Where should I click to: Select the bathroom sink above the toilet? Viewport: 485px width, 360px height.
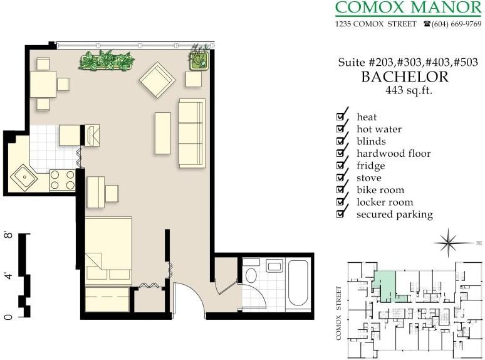(274, 267)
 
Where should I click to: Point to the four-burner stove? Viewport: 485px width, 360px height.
(62, 181)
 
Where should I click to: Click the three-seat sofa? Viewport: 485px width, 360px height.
(192, 133)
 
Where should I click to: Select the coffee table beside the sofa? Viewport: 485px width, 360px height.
(163, 133)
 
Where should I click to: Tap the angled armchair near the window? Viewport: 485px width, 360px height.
(157, 80)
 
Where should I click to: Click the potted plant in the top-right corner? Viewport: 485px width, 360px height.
(199, 58)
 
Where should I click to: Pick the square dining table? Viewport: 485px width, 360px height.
(43, 83)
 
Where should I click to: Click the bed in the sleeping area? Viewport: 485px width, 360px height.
(108, 250)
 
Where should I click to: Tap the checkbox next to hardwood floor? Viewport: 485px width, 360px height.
(342, 153)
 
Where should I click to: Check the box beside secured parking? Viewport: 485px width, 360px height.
(342, 214)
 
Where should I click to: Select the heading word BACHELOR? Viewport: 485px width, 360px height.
(405, 77)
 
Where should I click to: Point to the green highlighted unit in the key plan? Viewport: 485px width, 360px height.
(384, 283)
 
